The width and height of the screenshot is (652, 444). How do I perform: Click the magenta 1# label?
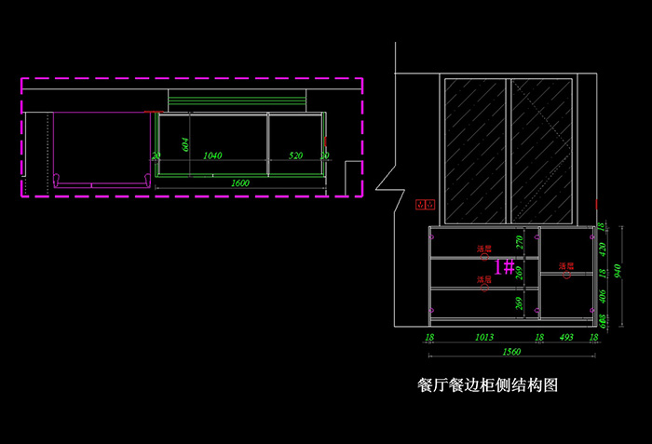click(x=504, y=267)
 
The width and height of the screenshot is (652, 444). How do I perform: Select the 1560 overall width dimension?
click(x=511, y=352)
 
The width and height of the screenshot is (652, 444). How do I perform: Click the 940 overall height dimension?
click(x=617, y=272)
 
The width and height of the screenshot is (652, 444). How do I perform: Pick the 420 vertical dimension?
click(x=603, y=249)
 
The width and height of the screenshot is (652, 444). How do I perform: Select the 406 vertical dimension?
click(x=603, y=297)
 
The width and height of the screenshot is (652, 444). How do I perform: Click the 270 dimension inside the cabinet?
click(x=521, y=244)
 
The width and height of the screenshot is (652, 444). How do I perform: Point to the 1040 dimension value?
click(x=212, y=155)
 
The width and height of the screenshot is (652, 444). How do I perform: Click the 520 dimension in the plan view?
click(x=295, y=155)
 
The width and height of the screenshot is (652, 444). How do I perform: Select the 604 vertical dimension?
click(x=185, y=142)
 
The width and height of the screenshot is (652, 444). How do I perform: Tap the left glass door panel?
click(x=475, y=151)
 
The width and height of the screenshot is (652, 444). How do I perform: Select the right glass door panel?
click(x=540, y=151)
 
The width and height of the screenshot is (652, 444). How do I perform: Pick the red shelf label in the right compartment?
click(x=565, y=266)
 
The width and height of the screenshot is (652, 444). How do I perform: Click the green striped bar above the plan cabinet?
click(x=237, y=101)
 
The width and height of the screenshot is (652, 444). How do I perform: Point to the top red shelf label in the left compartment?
click(x=484, y=249)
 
